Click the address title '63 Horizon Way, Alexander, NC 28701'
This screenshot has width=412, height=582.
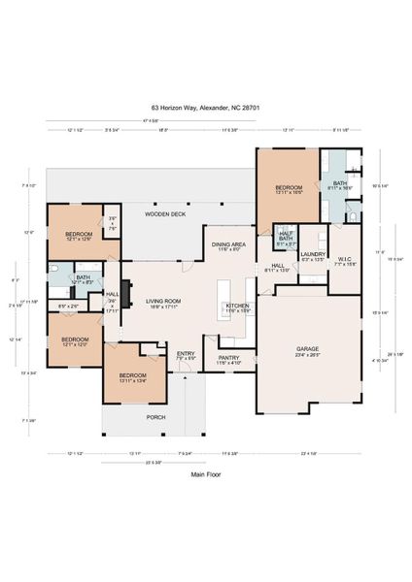pos(205,110)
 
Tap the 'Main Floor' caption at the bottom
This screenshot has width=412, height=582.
pos(205,476)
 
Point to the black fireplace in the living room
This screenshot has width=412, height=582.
pos(125,303)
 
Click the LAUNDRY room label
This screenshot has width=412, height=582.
pos(313,254)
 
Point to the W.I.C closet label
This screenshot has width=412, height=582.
pos(345,259)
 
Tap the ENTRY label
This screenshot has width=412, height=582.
pos(186,355)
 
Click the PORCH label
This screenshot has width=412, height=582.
pos(155,417)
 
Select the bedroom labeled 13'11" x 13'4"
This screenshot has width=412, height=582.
pos(132,376)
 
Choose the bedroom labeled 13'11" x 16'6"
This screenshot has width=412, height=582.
pos(289,189)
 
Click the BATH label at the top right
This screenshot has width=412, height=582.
pos(340,184)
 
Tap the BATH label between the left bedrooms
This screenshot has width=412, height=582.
pos(83,278)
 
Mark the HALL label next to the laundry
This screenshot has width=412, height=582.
pos(277,267)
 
